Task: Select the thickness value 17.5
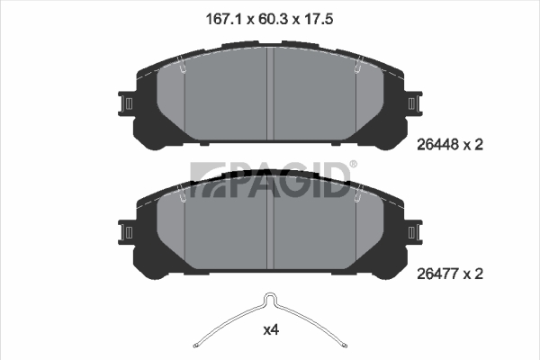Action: click(x=318, y=19)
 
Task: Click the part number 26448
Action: click(x=438, y=145)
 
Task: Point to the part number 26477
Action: click(x=438, y=274)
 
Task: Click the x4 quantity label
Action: click(x=271, y=330)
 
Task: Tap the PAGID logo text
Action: click(x=270, y=180)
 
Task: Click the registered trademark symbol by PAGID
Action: click(x=354, y=165)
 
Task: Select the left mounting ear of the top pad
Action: click(x=126, y=103)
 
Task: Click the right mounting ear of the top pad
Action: click(x=414, y=103)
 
